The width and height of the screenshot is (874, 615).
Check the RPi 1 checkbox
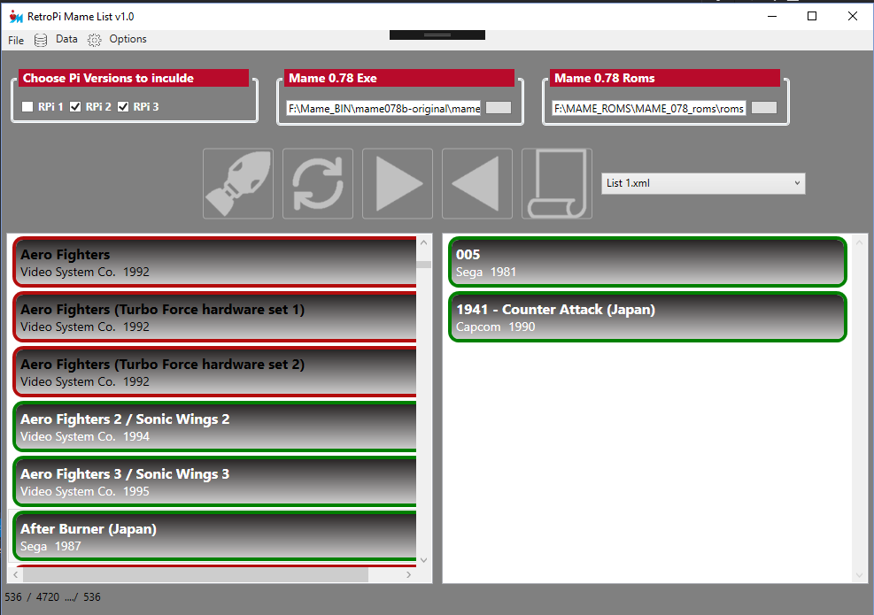27,106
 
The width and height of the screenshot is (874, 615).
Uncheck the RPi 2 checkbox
75,106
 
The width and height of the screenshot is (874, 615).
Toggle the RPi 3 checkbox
123,106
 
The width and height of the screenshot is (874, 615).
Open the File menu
16,40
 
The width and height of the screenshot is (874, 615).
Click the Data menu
66,39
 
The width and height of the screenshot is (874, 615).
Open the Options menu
128,39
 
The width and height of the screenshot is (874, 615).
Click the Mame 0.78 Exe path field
383,108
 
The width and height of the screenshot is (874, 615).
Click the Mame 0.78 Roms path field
649,108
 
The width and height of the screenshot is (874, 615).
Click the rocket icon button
238,183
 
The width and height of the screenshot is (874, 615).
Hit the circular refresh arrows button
318,183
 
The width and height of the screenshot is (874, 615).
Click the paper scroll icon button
557,183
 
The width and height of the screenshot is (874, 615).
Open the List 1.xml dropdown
703,183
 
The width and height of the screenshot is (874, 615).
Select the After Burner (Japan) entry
214,536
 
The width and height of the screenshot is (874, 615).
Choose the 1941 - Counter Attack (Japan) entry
647,317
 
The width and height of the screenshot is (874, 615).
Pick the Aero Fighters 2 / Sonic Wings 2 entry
214,427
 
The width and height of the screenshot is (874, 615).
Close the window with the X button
852,16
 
